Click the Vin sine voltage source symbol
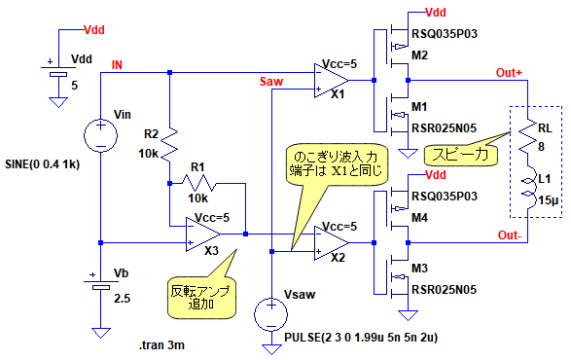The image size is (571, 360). click(100, 135)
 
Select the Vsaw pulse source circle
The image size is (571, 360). click(271, 314)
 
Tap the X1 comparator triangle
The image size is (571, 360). click(331, 81)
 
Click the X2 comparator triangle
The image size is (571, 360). click(331, 242)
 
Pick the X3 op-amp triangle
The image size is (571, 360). click(203, 234)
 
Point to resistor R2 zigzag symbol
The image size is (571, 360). click(169, 145)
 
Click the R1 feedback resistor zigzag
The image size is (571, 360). click(198, 183)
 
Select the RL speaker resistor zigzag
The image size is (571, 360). click(528, 136)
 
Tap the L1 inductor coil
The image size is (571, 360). click(530, 188)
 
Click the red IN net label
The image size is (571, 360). click(117, 65)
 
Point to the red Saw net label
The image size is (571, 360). click(271, 82)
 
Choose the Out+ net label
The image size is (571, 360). click(509, 73)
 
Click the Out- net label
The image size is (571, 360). click(509, 235)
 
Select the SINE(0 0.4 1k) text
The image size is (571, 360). click(42, 164)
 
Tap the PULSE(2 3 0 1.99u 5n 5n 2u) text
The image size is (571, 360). click(361, 338)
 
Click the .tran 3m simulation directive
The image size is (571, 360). click(161, 344)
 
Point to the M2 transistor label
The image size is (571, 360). click(419, 55)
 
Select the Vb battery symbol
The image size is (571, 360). click(101, 285)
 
